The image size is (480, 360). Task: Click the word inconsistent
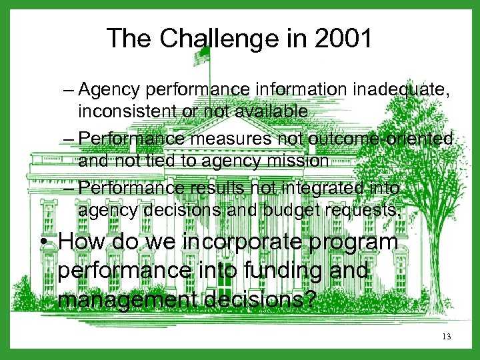coord(133,111)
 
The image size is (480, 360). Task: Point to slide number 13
coord(446,337)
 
